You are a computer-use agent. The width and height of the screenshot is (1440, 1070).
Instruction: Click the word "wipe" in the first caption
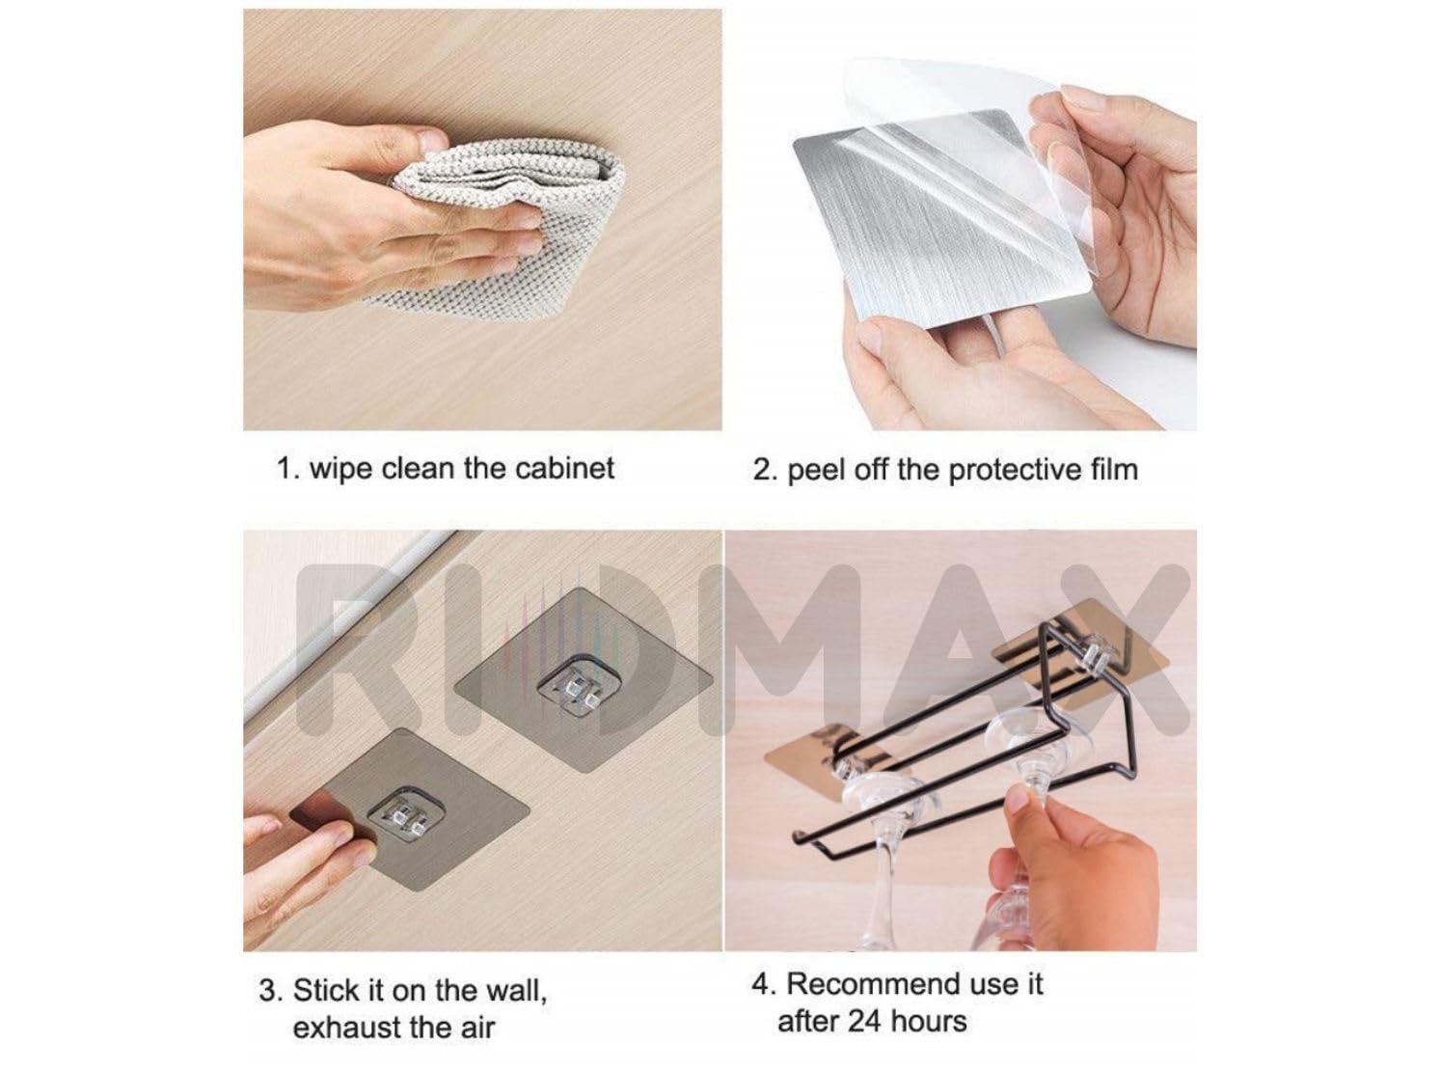click(341, 470)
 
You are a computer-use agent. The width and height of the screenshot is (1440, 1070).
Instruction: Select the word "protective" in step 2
click(1015, 470)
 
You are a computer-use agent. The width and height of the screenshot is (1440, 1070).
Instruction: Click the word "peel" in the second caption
click(816, 471)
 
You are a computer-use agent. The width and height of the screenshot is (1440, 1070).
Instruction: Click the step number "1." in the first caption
click(287, 468)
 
